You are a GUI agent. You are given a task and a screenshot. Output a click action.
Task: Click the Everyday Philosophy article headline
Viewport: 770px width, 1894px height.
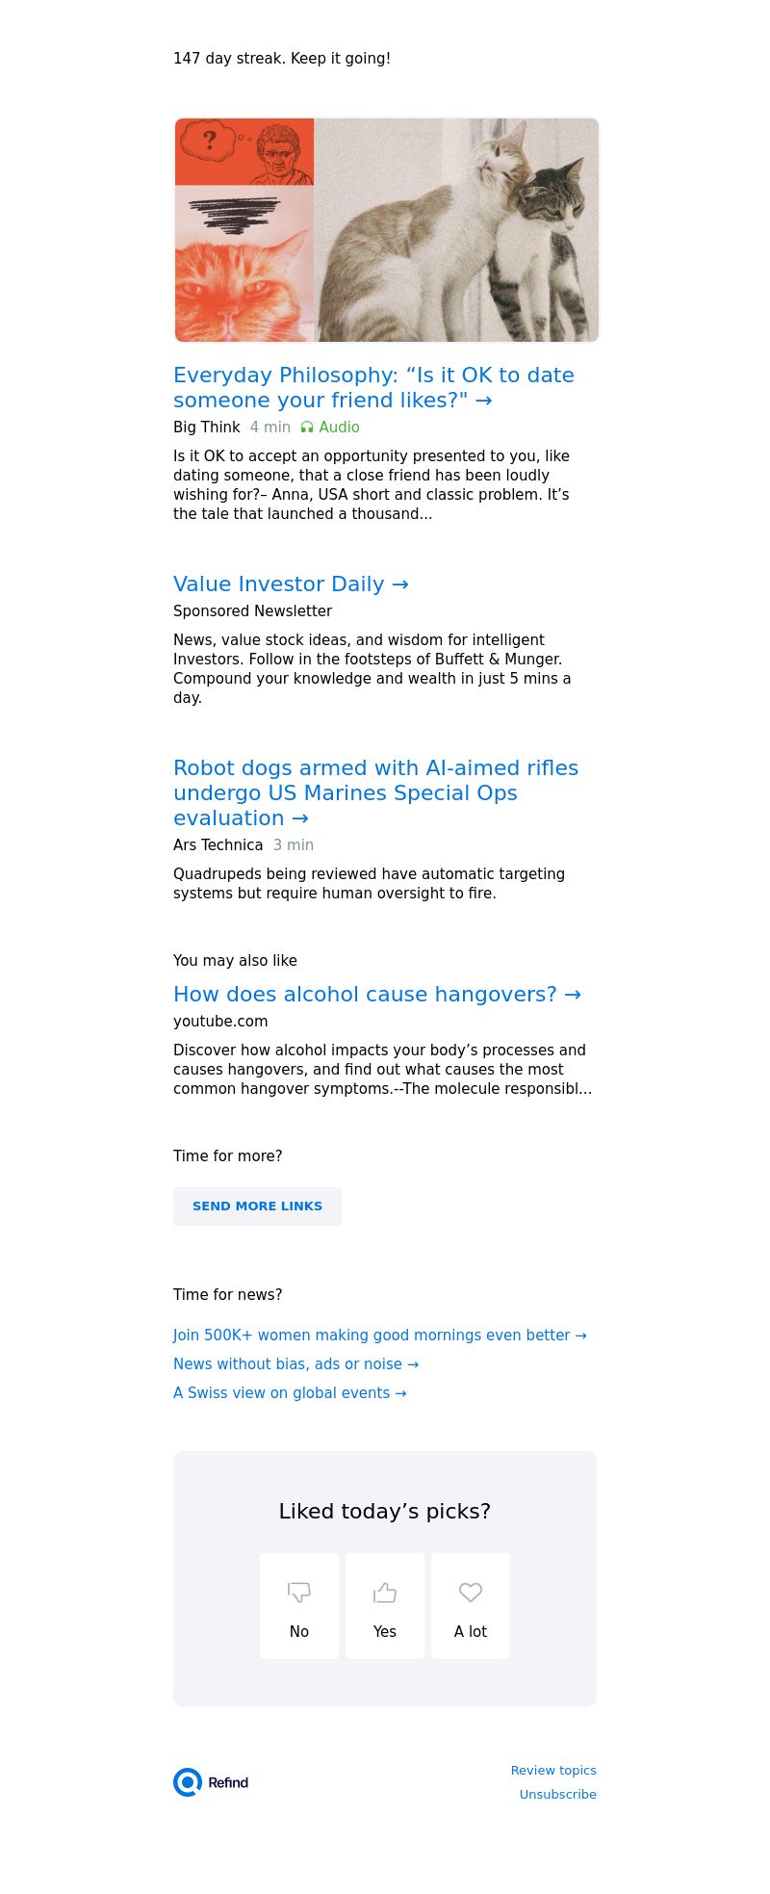coord(373,387)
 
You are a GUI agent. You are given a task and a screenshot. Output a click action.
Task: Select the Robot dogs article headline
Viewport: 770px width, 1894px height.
coord(375,792)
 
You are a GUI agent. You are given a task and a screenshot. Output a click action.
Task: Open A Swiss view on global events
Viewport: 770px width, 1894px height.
coord(290,1393)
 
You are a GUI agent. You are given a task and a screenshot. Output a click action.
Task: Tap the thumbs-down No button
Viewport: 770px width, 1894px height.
coord(299,1606)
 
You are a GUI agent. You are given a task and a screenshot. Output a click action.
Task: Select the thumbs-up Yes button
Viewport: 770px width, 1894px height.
coord(385,1606)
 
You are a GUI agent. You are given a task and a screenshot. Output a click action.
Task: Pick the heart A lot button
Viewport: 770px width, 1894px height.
coord(471,1606)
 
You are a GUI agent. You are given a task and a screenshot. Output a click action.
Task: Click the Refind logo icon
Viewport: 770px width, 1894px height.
coord(188,1782)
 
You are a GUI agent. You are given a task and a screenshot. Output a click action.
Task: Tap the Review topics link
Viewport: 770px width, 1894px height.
coord(553,1771)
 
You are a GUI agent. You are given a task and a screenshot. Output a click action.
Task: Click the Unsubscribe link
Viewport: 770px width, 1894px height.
coord(558,1795)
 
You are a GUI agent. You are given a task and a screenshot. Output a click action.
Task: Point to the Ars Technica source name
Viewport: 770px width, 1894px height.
coord(218,845)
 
